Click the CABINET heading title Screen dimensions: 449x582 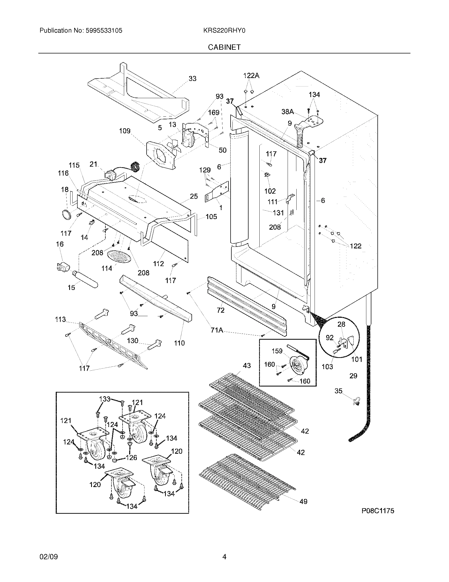pos(224,47)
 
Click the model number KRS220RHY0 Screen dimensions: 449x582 pos(224,31)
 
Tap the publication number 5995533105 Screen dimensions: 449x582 pos(104,31)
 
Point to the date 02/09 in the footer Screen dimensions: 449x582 pos(49,557)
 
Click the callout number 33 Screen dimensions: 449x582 pos(193,79)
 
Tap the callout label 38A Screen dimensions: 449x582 pos(288,112)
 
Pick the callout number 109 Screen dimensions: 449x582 pos(125,131)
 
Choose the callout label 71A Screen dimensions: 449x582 pos(217,330)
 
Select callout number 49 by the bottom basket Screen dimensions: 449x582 pos(303,502)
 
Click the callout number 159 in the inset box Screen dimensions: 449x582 pos(277,351)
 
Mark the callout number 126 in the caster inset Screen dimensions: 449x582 pos(132,458)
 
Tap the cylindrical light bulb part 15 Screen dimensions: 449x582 pos(85,279)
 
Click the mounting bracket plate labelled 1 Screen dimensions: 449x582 pos(217,192)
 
